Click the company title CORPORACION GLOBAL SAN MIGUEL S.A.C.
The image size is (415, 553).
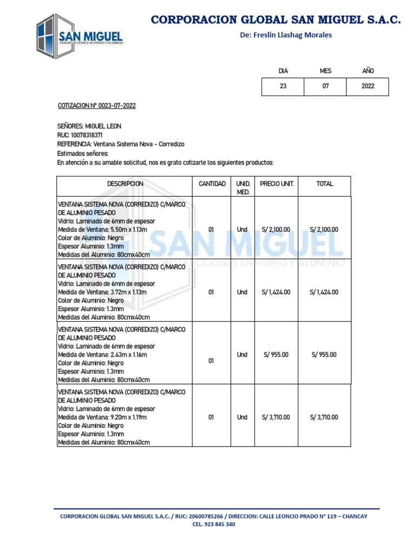pos(276,20)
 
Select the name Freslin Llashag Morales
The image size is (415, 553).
pos(286,35)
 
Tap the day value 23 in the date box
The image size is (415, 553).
pos(283,86)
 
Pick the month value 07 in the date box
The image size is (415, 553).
pos(325,86)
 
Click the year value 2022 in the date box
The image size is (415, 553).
pos(368,86)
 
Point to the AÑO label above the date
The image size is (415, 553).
pos(368,71)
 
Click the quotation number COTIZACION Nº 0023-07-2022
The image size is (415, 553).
pos(97,105)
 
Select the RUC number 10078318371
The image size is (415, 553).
pos(80,135)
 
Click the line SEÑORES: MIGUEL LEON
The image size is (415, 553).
pos(89,126)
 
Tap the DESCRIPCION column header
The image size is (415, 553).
pos(125,184)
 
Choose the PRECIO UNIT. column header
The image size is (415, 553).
pos(277,184)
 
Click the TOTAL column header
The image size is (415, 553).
pos(324,184)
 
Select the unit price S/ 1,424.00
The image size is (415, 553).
pos(276,292)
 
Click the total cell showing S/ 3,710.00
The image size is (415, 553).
pos(324,417)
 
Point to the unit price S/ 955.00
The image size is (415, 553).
pos(276,355)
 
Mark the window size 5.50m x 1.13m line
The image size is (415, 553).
pos(103,230)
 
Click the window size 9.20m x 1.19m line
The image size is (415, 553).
pos(103,417)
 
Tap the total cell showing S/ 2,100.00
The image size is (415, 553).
pos(324,230)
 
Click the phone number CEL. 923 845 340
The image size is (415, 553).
pos(213,524)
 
